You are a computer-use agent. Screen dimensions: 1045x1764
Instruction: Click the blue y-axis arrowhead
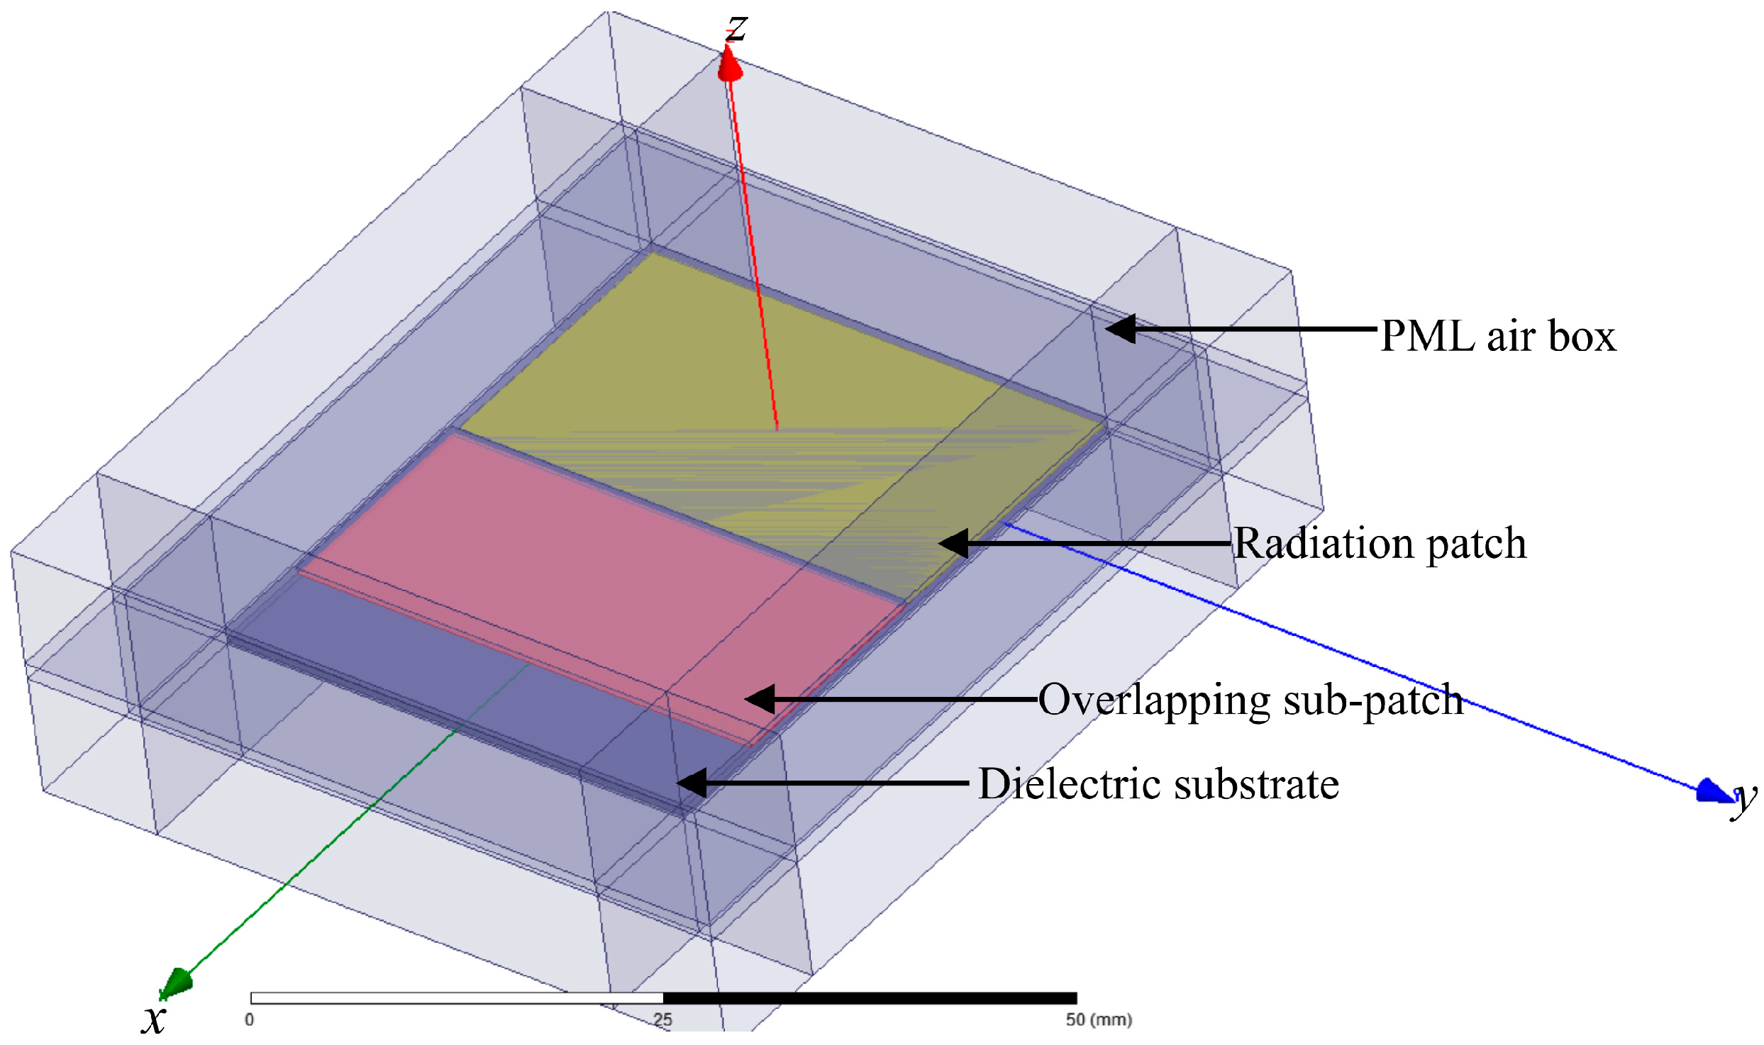[x=1714, y=791]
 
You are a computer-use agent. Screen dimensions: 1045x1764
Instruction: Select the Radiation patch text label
[x=1380, y=544]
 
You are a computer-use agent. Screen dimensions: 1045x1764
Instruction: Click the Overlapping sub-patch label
[x=1250, y=700]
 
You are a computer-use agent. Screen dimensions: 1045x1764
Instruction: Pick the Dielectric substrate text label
[x=1158, y=783]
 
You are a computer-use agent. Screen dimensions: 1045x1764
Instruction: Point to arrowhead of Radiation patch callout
[x=953, y=544]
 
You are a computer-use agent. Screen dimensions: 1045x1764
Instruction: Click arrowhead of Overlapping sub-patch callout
[x=760, y=699]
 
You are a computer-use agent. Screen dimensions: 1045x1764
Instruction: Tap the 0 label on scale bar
[x=249, y=1019]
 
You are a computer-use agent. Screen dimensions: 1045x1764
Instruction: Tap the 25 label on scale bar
[x=662, y=1019]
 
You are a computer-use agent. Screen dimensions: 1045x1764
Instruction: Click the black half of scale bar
[x=870, y=998]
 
